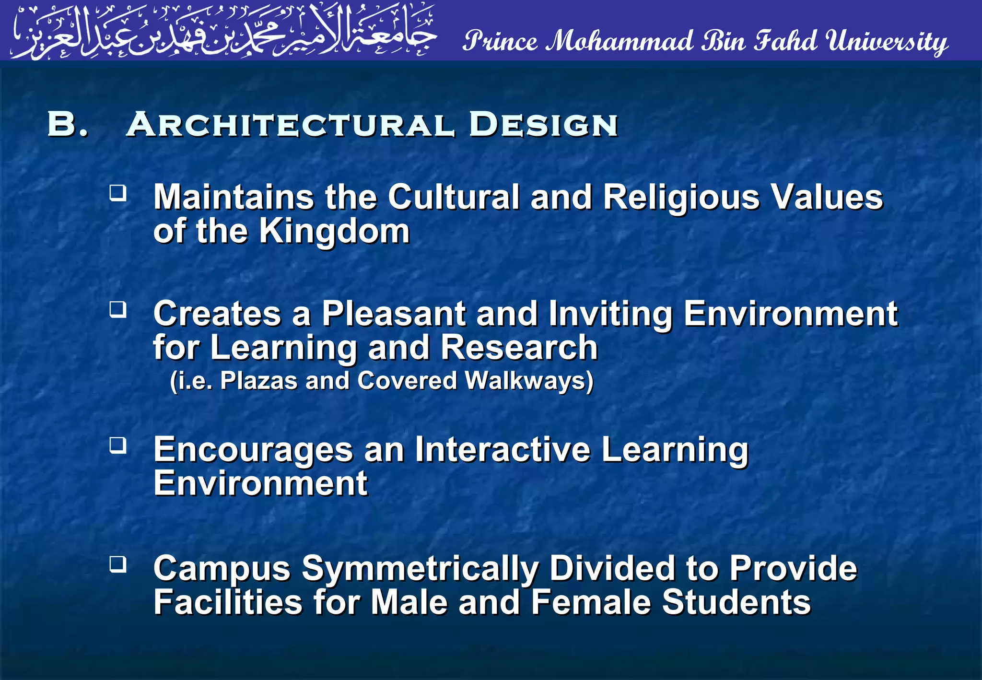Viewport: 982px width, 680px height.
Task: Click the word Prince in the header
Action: [500, 41]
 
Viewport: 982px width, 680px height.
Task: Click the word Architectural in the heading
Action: [290, 125]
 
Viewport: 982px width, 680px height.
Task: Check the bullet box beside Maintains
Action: [118, 193]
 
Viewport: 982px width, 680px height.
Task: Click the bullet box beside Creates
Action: [118, 309]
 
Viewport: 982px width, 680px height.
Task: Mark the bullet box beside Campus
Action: [118, 564]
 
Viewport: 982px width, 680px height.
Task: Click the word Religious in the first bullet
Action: [681, 198]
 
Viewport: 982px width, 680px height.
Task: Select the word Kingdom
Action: [334, 232]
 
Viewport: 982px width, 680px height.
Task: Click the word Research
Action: [519, 348]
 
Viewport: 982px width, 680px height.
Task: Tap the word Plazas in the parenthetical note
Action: [259, 381]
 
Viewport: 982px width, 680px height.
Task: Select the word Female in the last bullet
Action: [591, 602]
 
